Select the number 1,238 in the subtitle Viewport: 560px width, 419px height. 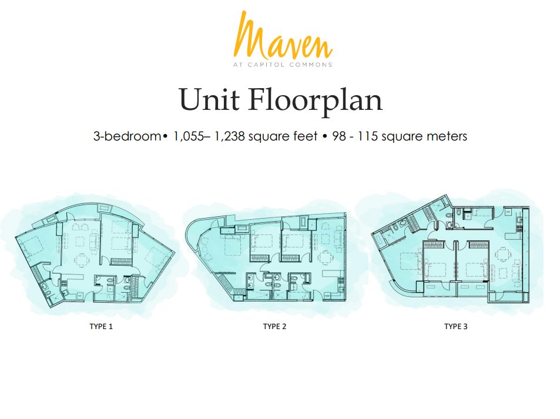[x=229, y=136]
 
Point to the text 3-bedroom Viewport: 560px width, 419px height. [x=127, y=136]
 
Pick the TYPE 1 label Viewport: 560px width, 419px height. [x=101, y=326]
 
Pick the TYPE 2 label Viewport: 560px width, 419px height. [x=274, y=326]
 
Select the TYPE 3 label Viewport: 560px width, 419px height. [x=456, y=326]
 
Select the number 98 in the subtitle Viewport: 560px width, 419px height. [x=339, y=136]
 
